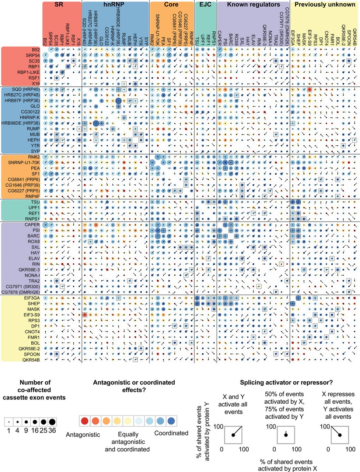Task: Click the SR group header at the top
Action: [62, 5]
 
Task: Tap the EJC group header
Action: [205, 5]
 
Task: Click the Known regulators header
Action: [253, 5]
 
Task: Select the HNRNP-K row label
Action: [30, 117]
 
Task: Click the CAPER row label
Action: [32, 225]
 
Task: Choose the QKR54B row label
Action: [31, 360]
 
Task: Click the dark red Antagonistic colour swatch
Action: [85, 421]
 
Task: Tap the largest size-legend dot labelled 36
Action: [52, 421]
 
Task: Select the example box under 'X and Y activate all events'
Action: [233, 435]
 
